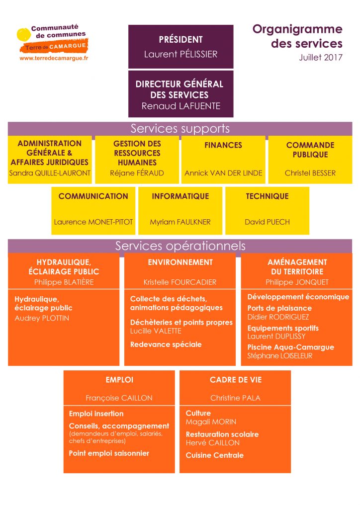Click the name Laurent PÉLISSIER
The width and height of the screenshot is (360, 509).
click(180, 54)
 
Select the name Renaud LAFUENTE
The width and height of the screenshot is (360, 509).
click(181, 106)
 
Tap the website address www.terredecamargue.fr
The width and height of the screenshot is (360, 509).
click(54, 59)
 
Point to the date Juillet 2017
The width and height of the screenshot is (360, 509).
click(321, 58)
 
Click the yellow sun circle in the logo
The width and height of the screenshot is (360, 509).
click(24, 35)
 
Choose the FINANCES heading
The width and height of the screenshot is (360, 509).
click(223, 145)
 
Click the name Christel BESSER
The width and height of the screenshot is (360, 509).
click(310, 173)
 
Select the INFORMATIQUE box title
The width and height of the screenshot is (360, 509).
click(180, 196)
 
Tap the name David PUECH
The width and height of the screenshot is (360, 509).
click(267, 222)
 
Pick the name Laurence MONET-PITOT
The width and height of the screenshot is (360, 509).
click(93, 222)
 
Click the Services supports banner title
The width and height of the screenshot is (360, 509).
click(180, 129)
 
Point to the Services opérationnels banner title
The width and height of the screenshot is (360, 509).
click(180, 246)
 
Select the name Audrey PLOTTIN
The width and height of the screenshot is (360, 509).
click(42, 318)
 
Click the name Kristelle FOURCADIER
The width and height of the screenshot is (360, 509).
click(180, 282)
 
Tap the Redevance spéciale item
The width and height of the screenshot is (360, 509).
click(166, 344)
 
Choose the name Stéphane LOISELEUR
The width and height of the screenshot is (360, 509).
click(280, 356)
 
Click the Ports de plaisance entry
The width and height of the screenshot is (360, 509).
click(279, 308)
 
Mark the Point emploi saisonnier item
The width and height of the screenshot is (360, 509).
click(109, 453)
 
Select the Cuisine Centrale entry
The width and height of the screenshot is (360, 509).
click(215, 455)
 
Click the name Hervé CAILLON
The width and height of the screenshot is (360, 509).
click(213, 443)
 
